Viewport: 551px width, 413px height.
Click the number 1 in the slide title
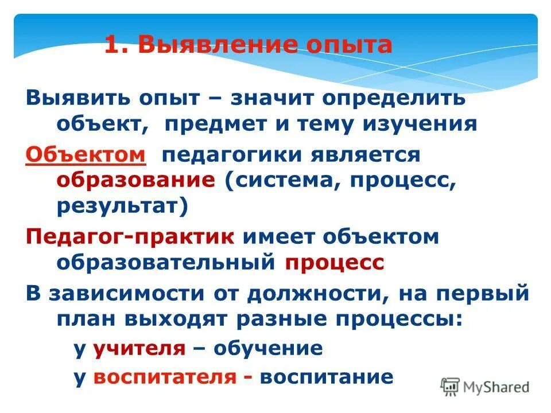(111, 45)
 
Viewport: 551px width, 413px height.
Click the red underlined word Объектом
(86, 154)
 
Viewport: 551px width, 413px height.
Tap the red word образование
(135, 180)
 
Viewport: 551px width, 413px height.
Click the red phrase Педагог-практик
(130, 236)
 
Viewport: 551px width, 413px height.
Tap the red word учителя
(139, 348)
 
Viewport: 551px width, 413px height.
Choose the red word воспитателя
(165, 377)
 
